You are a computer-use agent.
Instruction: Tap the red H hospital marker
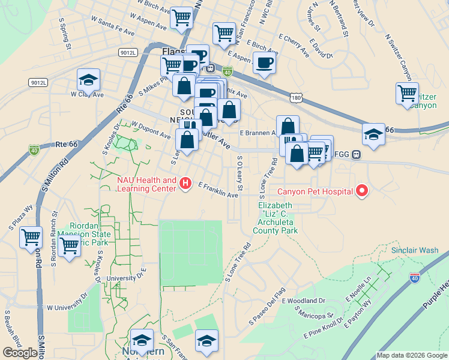point(185,183)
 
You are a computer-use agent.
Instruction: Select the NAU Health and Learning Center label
point(146,184)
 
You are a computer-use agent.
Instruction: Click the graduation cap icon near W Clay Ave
point(88,79)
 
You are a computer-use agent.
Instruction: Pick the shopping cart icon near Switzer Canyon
point(407,94)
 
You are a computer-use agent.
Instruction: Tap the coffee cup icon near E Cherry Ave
point(264,63)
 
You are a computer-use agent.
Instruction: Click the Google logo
point(20,353)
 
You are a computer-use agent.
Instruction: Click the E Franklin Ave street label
point(218,191)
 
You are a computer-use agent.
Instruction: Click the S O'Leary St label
point(240,174)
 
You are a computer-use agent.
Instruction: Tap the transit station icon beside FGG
point(356,154)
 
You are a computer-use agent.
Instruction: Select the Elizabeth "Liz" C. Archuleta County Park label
point(278,218)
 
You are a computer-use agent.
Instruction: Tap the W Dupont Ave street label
point(151,131)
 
